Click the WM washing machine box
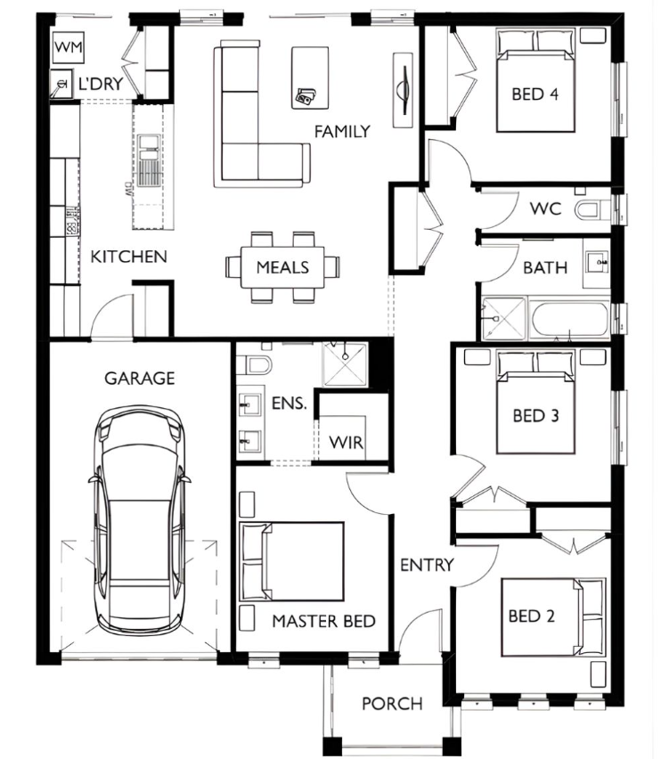click(69, 47)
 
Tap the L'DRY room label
click(101, 85)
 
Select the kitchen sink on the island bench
click(148, 160)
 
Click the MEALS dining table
click(282, 267)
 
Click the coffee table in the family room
click(310, 78)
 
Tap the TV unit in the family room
click(403, 90)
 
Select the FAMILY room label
click(342, 131)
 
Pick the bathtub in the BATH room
click(570, 318)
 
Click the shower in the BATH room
click(503, 319)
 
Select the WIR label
click(346, 442)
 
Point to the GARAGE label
click(139, 378)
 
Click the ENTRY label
click(427, 565)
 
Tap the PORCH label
click(392, 704)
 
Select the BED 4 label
click(535, 94)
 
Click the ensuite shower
click(345, 364)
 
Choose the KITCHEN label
click(128, 257)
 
